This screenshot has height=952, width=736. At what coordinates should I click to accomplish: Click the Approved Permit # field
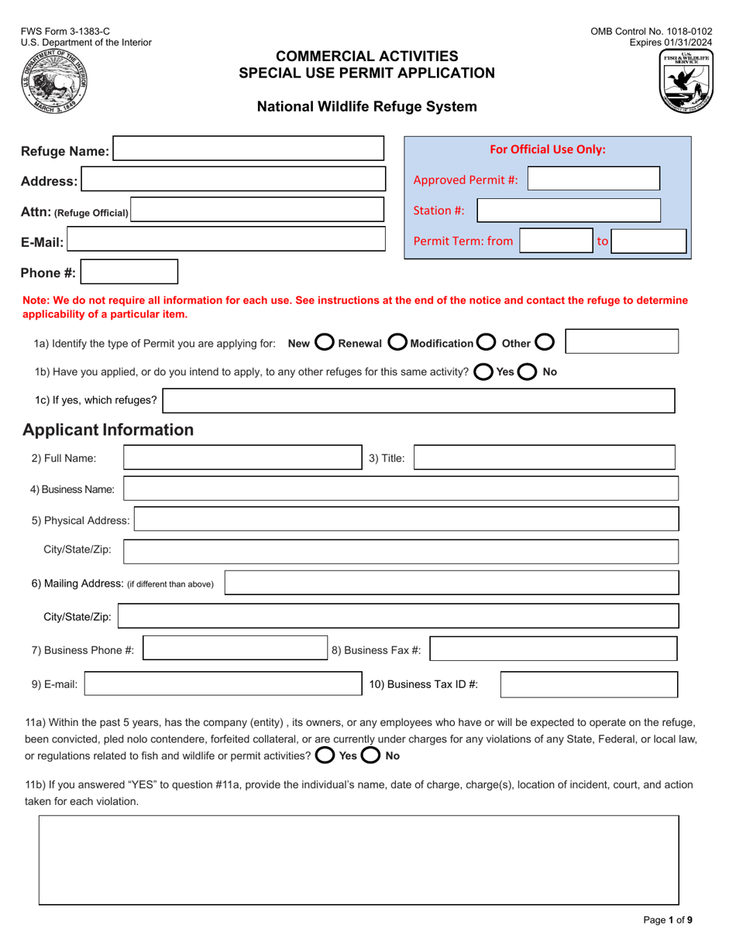click(x=593, y=180)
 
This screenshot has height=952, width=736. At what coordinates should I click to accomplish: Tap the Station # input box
click(x=568, y=210)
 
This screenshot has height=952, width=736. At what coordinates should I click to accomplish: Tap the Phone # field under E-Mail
click(x=129, y=272)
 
